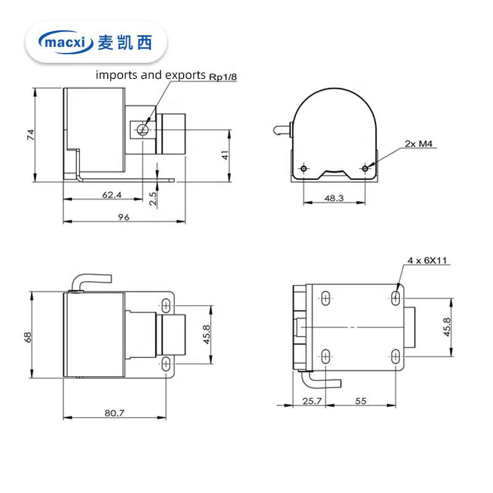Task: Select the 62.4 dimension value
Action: tap(112, 195)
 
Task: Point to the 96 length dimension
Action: tap(124, 216)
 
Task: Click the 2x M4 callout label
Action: tap(419, 144)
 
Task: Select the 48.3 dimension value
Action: tap(333, 198)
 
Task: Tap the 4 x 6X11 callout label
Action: tap(426, 261)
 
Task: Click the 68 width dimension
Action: tap(27, 336)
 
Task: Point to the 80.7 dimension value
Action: tap(114, 413)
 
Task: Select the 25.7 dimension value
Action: tap(312, 401)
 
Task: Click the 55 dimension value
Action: tap(361, 401)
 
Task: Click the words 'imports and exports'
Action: tap(150, 76)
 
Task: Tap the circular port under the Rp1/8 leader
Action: tap(143, 128)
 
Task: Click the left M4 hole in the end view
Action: tap(303, 168)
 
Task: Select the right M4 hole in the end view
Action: tap(366, 168)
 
